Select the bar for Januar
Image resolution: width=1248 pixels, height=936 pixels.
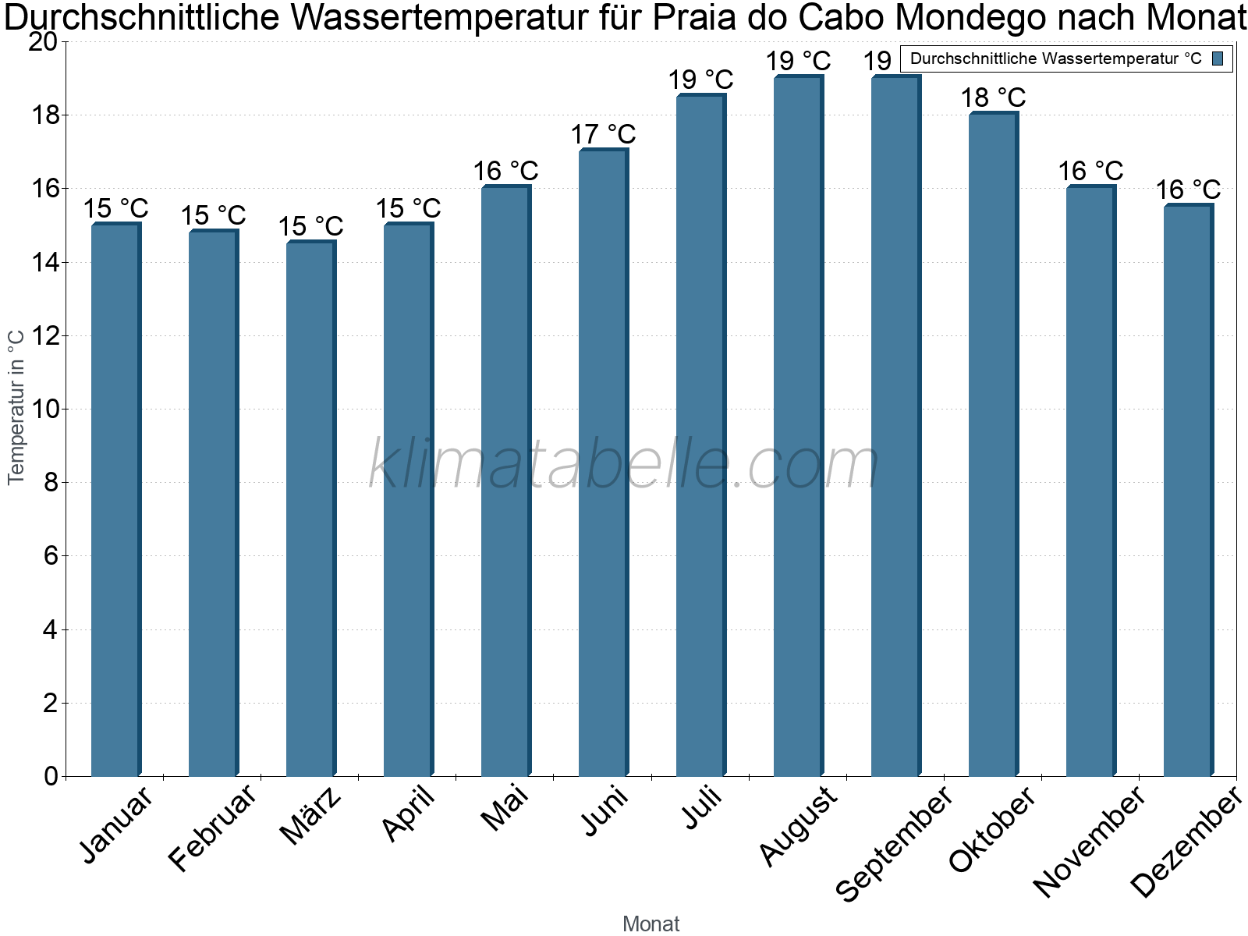click(116, 499)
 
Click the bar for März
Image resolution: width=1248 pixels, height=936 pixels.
click(311, 509)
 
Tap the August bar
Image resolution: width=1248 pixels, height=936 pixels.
click(798, 426)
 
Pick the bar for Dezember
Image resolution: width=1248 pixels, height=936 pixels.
click(1188, 490)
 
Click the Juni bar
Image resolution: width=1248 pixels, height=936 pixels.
click(603, 463)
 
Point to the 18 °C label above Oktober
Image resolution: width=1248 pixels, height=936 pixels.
click(993, 97)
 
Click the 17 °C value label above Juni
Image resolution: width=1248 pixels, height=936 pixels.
click(603, 134)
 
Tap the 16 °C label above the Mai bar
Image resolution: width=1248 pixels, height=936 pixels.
click(505, 171)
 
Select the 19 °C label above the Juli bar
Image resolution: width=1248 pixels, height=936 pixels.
click(700, 80)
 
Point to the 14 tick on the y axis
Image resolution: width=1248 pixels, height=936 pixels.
click(44, 263)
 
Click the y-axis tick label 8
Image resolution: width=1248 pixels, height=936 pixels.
click(51, 483)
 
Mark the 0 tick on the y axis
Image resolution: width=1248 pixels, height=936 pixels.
click(51, 776)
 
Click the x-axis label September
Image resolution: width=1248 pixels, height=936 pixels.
click(894, 844)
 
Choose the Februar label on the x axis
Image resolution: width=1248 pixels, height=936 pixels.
click(212, 828)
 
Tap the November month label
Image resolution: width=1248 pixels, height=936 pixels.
click(1089, 842)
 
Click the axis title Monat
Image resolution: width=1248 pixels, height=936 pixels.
click(651, 924)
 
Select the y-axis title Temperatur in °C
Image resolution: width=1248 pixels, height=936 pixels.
click(16, 407)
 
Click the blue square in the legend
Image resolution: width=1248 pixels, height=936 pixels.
click(1218, 58)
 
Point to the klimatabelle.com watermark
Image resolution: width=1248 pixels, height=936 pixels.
click(623, 463)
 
